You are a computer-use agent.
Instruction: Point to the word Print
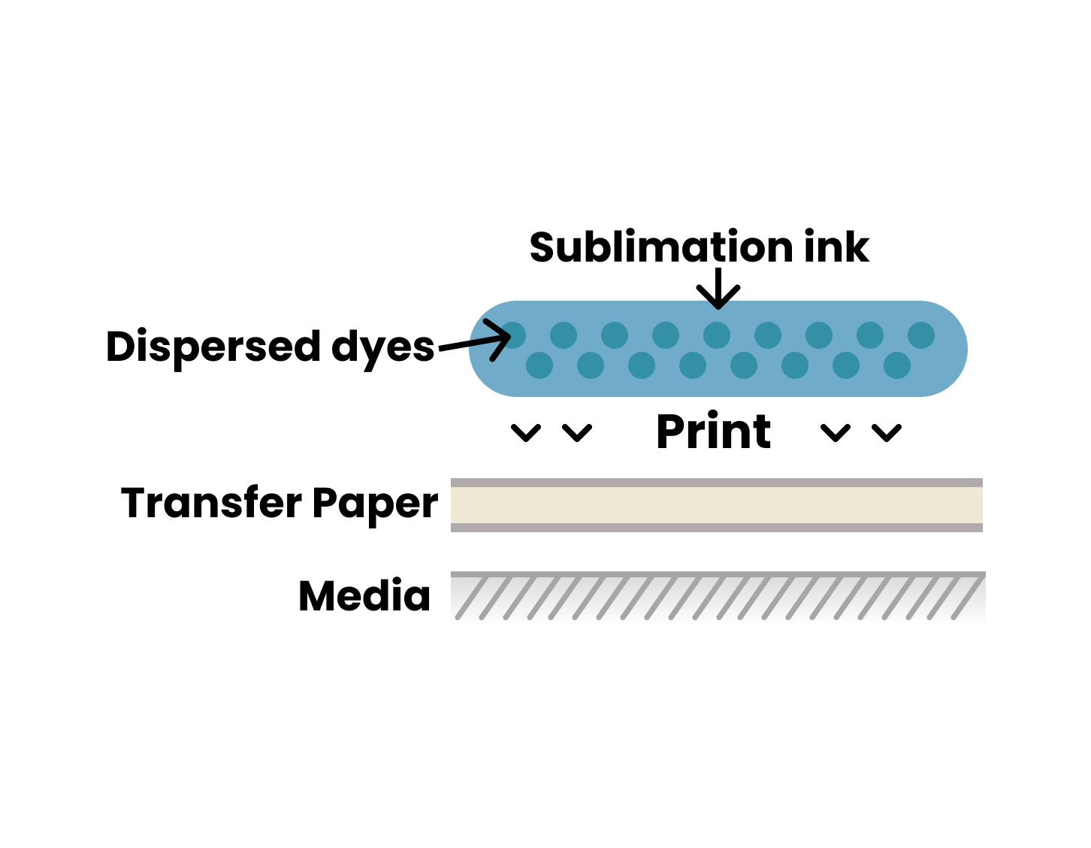(x=713, y=432)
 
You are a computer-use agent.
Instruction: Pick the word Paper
(x=375, y=504)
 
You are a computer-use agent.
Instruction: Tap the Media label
(x=364, y=596)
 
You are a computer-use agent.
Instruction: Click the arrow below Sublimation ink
(x=718, y=289)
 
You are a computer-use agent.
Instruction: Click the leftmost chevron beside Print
(x=526, y=433)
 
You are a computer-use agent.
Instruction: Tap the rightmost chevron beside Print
(x=887, y=433)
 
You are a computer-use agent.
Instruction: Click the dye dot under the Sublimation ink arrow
(x=717, y=335)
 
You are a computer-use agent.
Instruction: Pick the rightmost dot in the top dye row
(x=921, y=335)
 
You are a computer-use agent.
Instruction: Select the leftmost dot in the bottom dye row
(x=539, y=365)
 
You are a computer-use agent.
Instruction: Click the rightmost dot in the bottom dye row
(x=897, y=365)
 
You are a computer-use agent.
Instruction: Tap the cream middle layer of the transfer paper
(x=717, y=505)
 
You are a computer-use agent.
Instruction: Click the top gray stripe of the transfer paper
(x=717, y=483)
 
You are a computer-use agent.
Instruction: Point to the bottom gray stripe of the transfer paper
(x=717, y=528)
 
